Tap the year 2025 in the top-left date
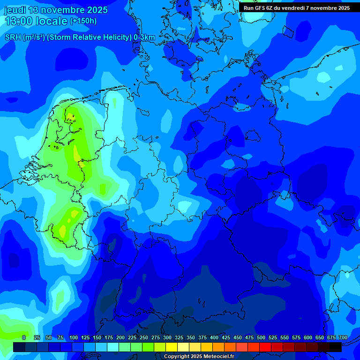96,10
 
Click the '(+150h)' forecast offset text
83,21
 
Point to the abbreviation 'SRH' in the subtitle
13,37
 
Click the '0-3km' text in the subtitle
144,37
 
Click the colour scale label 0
24,337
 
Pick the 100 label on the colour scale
74,337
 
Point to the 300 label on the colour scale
167,337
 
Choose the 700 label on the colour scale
343,337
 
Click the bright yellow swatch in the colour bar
172,347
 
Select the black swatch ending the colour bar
336,347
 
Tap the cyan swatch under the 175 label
113,347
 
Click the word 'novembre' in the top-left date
61,10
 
